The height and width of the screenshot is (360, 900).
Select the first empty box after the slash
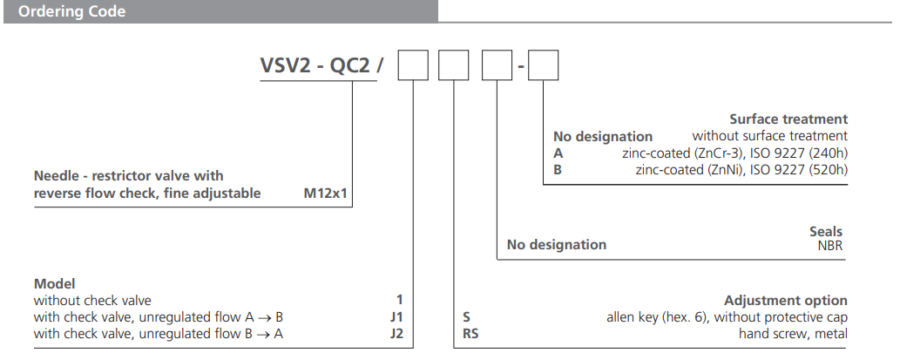click(x=411, y=67)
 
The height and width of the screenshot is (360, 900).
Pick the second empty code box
click(x=453, y=67)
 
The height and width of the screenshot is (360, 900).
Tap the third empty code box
click(x=496, y=67)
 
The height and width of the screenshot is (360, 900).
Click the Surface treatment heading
click(x=788, y=119)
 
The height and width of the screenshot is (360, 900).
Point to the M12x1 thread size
click(x=325, y=194)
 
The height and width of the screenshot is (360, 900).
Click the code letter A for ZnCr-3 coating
click(x=558, y=153)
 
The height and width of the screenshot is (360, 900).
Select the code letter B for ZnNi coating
click(x=558, y=169)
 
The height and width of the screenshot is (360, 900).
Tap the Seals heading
click(x=826, y=231)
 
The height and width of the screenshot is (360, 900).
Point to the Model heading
click(x=55, y=284)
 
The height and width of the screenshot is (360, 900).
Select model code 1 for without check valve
click(x=399, y=301)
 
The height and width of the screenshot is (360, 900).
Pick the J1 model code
click(x=396, y=317)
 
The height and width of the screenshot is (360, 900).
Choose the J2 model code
click(x=396, y=333)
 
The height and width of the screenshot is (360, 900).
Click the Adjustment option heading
click(x=785, y=301)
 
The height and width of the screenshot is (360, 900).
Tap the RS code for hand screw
click(x=470, y=333)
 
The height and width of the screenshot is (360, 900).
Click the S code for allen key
click(x=466, y=317)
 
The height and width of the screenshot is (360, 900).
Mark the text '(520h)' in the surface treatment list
click(x=827, y=169)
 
